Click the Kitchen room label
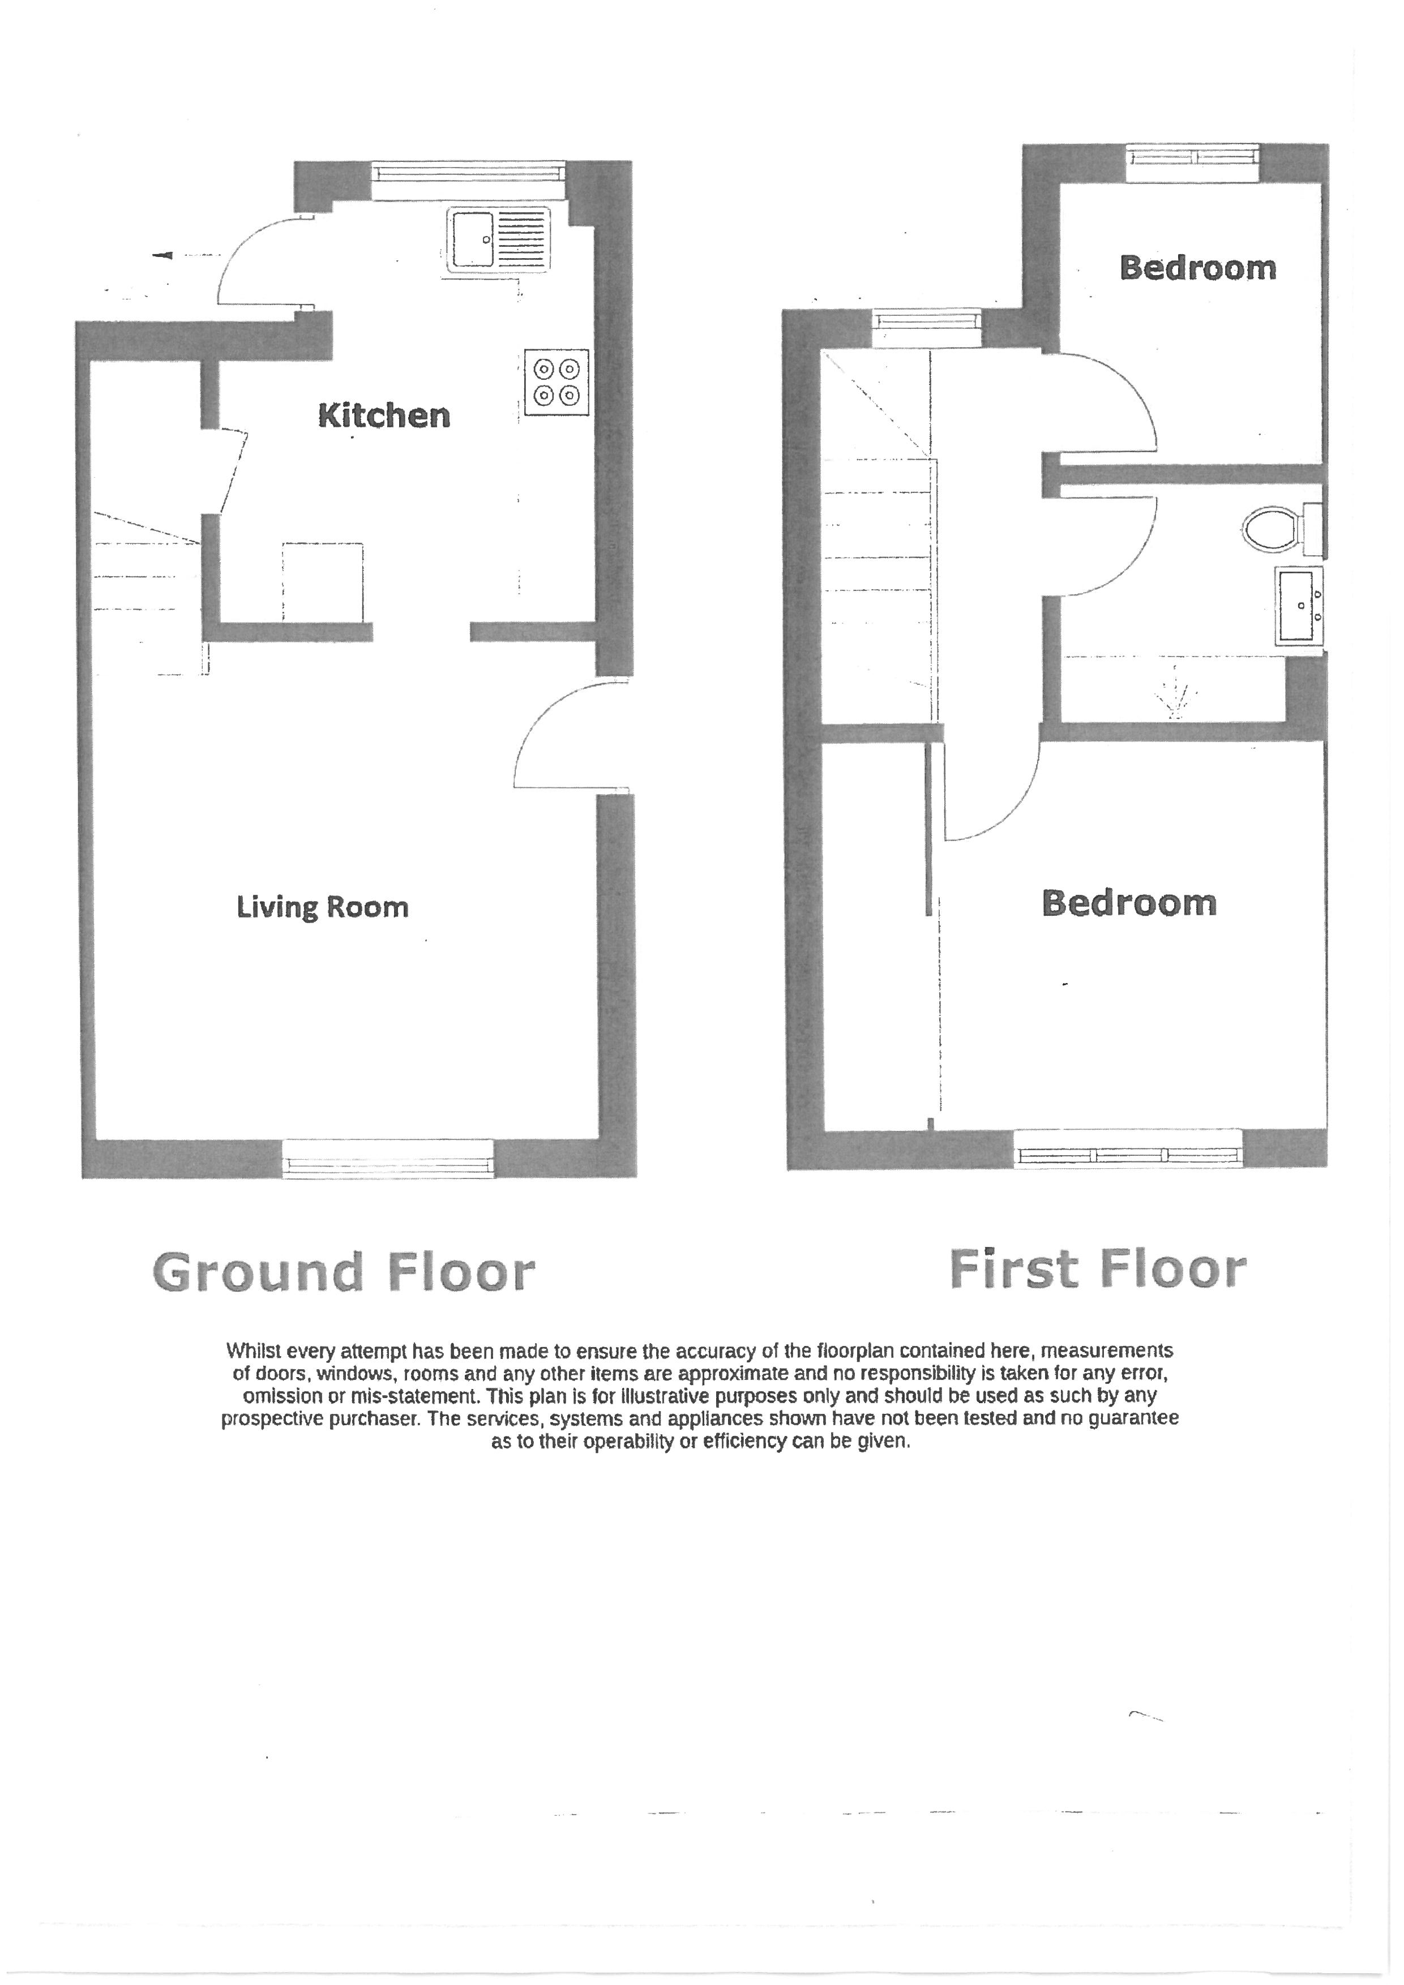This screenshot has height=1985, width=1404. point(384,416)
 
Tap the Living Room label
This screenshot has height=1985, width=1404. point(323,907)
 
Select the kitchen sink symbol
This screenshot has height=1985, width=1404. point(499,241)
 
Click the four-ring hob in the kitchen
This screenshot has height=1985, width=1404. point(556,382)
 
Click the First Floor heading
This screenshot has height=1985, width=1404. point(1097,1269)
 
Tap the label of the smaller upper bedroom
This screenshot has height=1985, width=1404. point(1197,268)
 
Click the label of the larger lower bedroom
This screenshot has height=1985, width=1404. point(1129,903)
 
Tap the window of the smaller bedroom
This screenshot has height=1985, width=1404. point(1192,156)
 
